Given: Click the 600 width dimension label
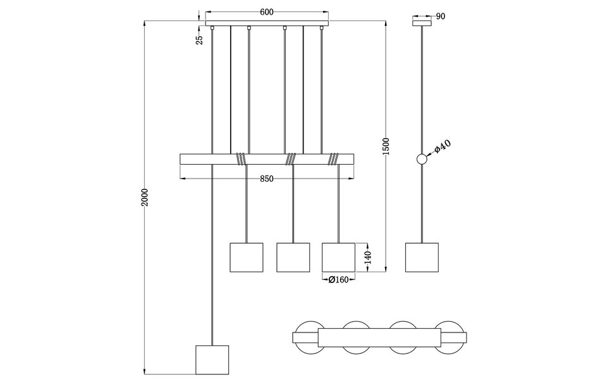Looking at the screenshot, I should [266, 12].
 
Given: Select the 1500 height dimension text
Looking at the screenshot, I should [386, 147].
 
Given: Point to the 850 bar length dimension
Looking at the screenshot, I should [266, 179].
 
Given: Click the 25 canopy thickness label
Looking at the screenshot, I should [200, 39].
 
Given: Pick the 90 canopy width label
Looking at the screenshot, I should [441, 16].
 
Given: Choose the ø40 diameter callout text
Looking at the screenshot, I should [443, 147].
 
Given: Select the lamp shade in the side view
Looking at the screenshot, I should [421, 257].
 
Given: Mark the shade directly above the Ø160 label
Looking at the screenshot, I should [338, 257].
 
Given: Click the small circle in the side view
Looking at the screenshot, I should [422, 160].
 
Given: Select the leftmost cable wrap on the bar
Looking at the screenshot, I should [241, 159].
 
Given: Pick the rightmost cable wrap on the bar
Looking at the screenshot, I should [334, 159].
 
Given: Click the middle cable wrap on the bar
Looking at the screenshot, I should [291, 159].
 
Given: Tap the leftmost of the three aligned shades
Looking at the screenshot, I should [245, 257].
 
